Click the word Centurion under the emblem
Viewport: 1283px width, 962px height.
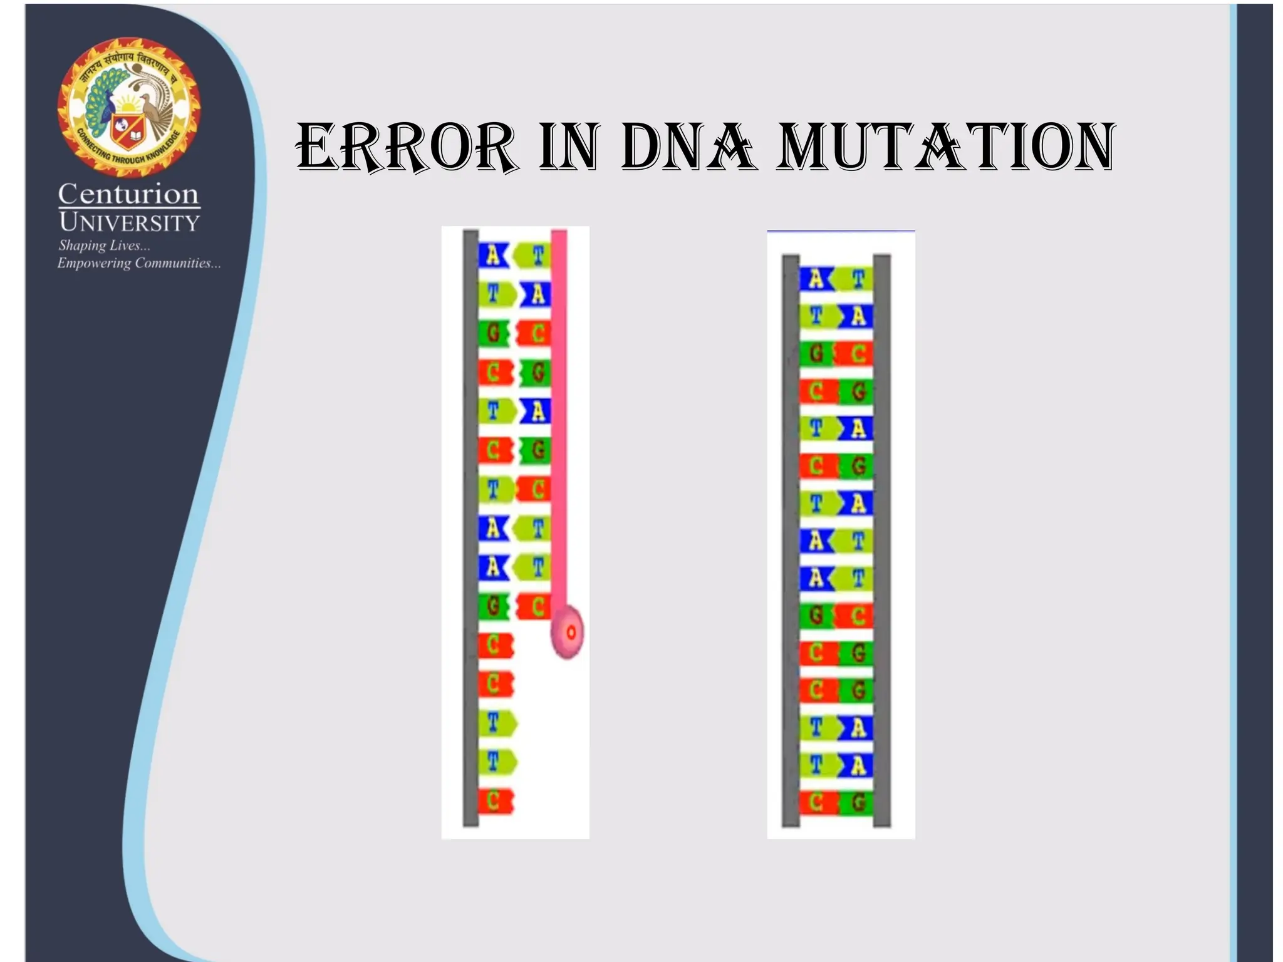point(128,194)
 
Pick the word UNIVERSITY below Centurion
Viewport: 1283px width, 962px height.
point(129,222)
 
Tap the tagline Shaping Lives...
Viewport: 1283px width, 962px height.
point(104,245)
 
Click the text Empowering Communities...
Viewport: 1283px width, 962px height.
point(138,263)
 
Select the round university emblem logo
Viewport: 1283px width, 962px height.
point(129,106)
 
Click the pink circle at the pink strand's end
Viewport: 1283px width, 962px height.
point(567,632)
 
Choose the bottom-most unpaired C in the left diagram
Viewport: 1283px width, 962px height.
point(495,801)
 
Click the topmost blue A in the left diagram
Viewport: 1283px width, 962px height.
point(494,256)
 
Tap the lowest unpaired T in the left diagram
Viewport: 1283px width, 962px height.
point(497,762)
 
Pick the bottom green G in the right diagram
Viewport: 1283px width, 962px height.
point(856,802)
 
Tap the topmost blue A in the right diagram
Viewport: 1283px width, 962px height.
point(816,279)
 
